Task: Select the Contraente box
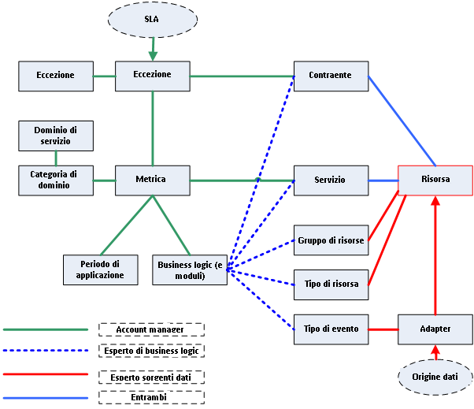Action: (x=331, y=76)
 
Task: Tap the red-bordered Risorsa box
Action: (x=435, y=180)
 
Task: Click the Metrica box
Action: (x=151, y=180)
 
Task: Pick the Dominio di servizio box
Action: (x=55, y=135)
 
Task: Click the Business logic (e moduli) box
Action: (x=188, y=270)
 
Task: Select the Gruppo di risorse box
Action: (x=331, y=240)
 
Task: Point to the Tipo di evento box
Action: (x=331, y=329)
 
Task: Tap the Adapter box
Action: (x=435, y=329)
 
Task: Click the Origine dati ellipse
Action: (x=435, y=377)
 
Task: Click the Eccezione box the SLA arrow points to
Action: (x=151, y=76)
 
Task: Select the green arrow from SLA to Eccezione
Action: (x=152, y=50)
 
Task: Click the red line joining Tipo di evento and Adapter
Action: (x=383, y=329)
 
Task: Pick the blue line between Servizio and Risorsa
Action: (x=383, y=180)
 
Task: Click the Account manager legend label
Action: (x=151, y=329)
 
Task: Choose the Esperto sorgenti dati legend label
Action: (x=151, y=376)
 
